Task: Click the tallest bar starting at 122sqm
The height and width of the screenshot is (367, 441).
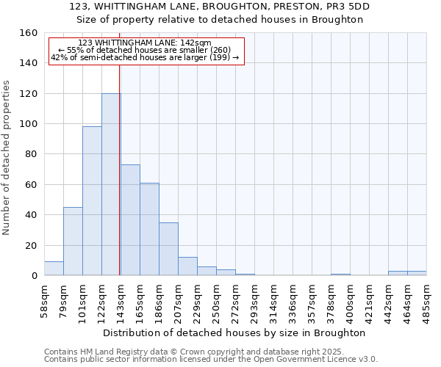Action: point(110,184)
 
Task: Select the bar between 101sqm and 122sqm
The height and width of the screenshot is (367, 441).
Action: point(92,201)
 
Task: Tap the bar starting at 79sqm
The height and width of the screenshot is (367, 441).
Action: point(73,241)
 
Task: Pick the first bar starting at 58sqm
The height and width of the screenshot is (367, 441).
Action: point(54,269)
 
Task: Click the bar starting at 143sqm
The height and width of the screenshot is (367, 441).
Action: point(130,220)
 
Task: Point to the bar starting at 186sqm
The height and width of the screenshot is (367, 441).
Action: point(168,249)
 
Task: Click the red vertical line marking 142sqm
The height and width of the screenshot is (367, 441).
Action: point(119,169)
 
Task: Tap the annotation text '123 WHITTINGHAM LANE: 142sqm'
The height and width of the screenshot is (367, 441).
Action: point(145,43)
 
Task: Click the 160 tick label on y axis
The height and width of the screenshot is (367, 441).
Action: point(28,33)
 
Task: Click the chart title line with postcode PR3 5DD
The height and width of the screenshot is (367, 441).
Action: point(220,7)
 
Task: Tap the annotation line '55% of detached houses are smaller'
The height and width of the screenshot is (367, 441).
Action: point(145,50)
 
